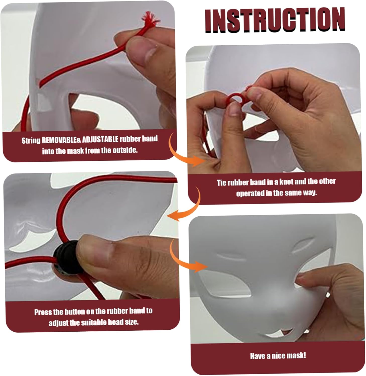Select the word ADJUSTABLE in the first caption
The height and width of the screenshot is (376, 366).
(100, 139)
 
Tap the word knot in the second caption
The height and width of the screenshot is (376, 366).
(286, 181)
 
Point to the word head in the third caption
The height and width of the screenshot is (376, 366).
(115, 322)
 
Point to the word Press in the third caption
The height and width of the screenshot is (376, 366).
(43, 312)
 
